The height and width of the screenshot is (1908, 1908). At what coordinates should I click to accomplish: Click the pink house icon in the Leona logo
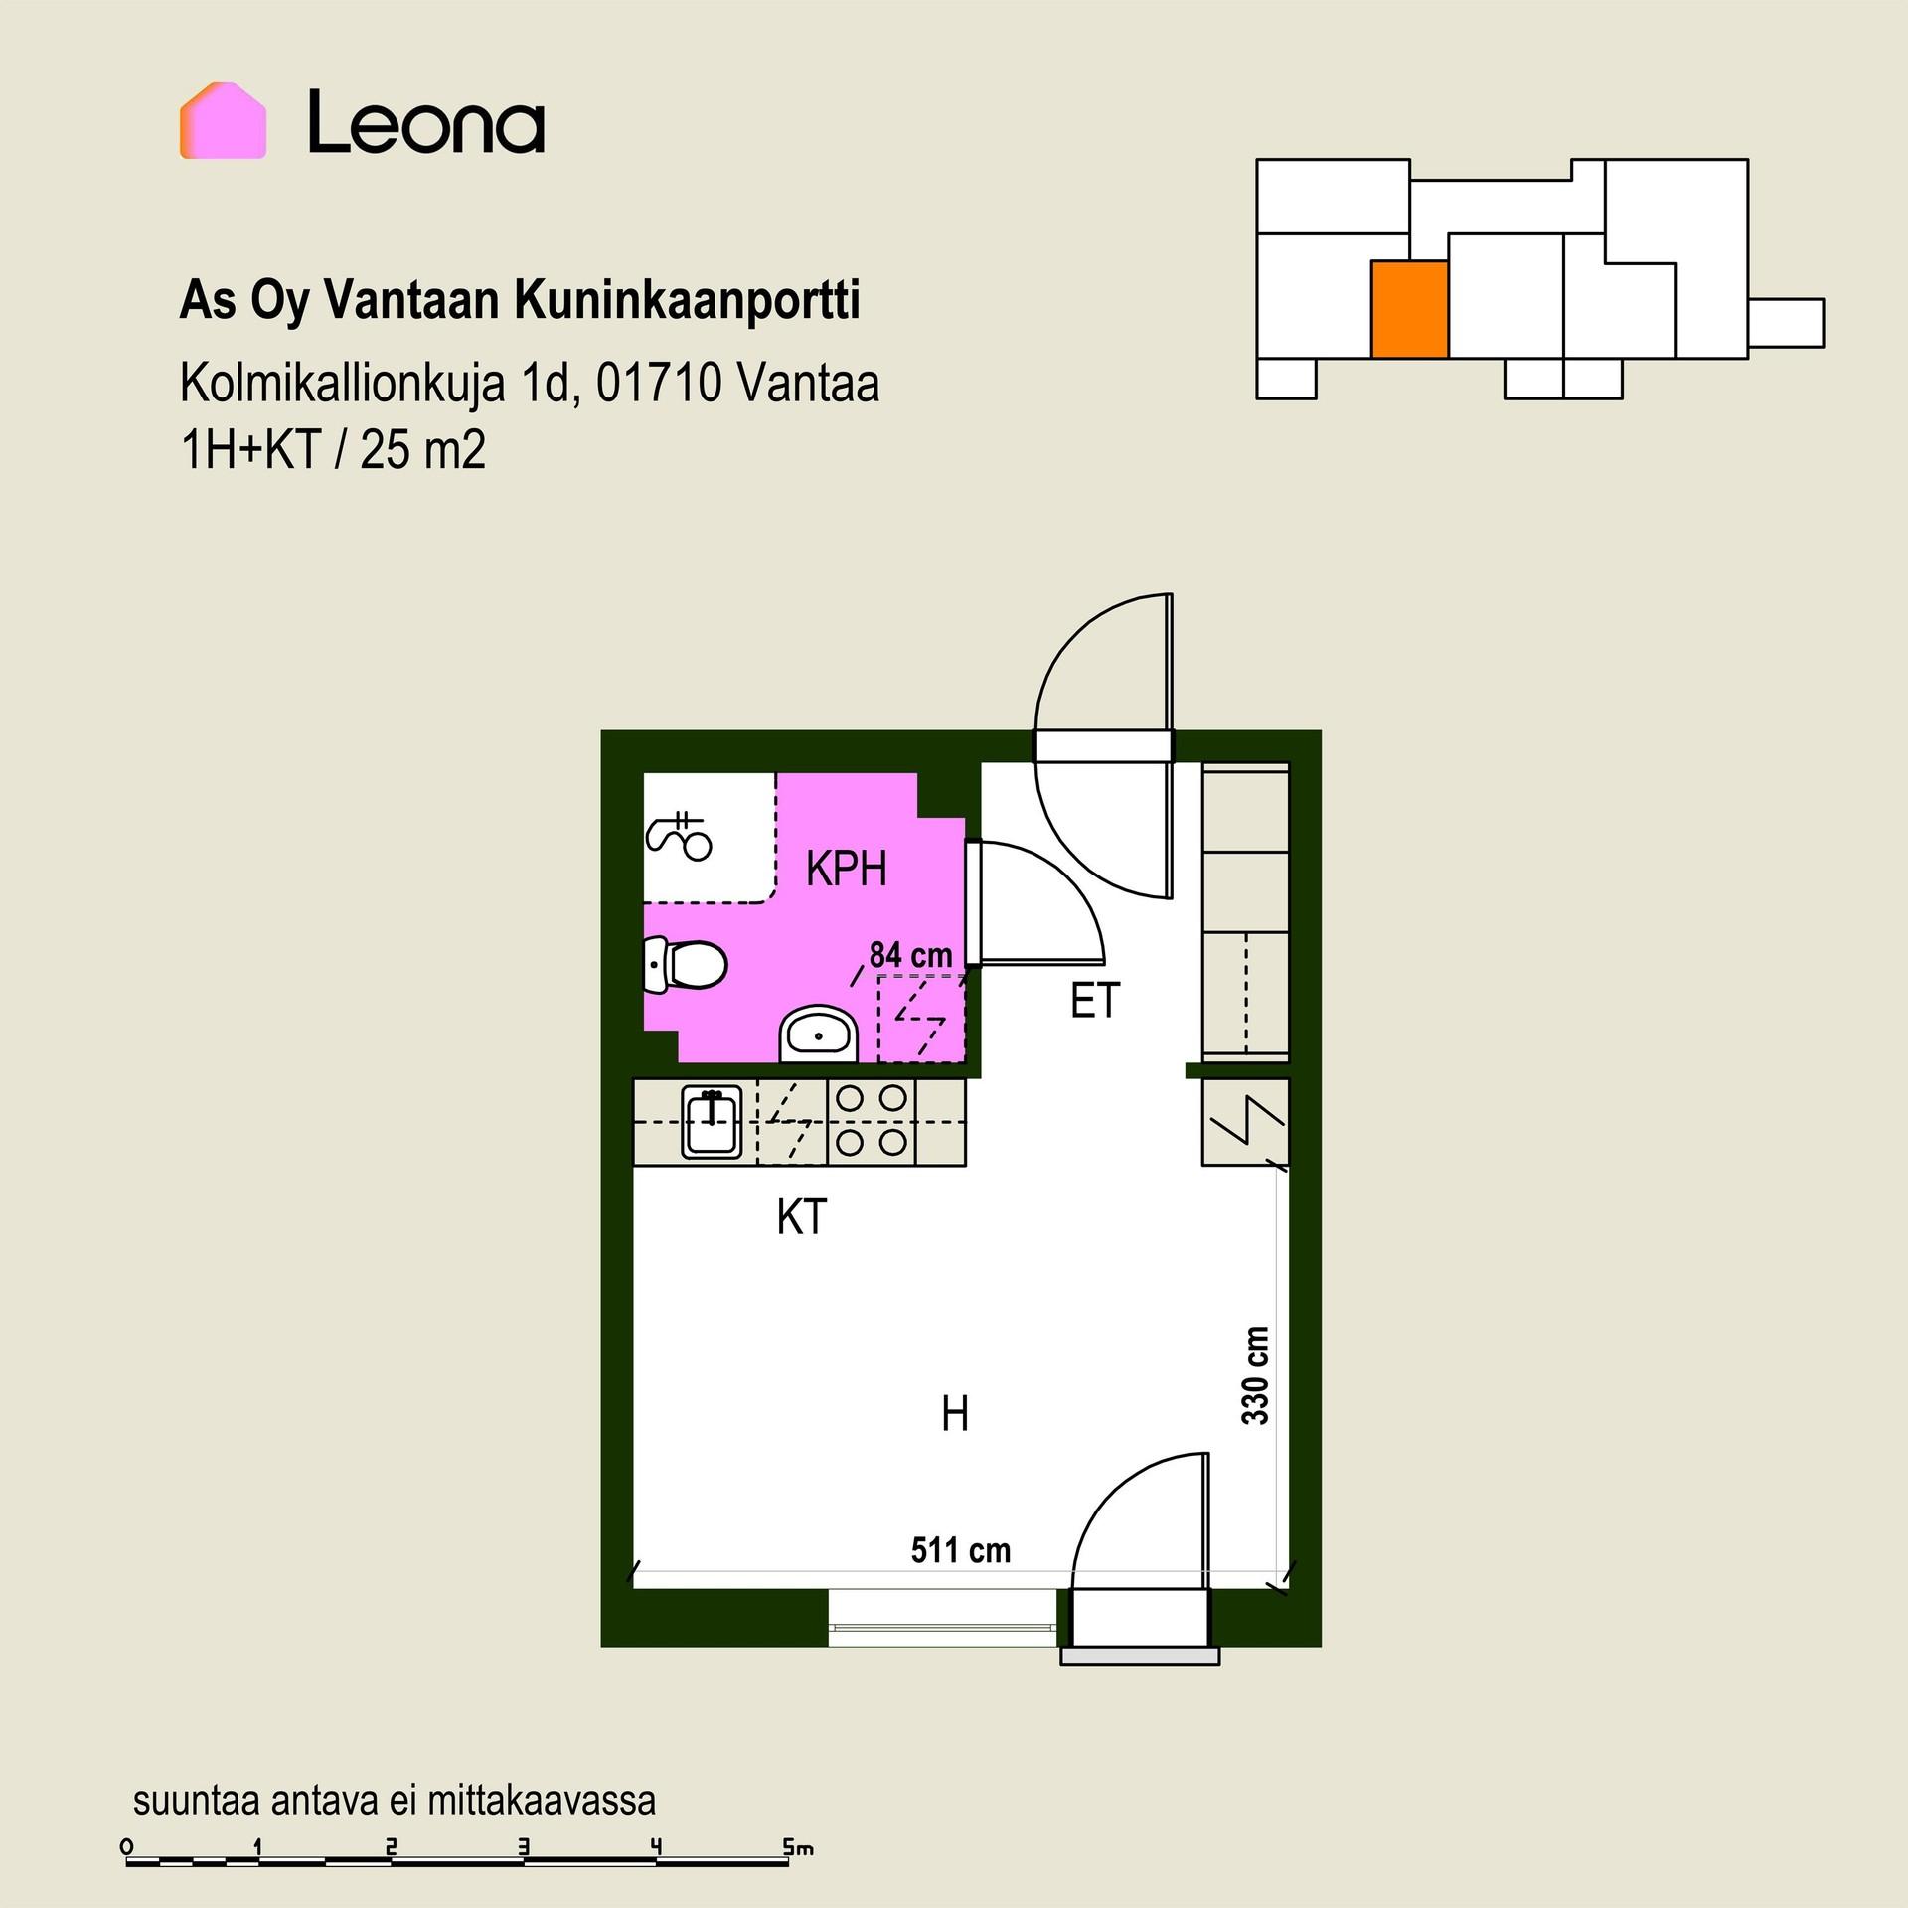(x=223, y=120)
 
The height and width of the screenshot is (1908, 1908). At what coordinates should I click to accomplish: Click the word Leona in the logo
(x=426, y=122)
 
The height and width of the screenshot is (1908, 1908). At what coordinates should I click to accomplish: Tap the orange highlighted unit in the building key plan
(x=1409, y=309)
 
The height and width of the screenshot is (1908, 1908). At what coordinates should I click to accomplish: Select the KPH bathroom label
(x=846, y=870)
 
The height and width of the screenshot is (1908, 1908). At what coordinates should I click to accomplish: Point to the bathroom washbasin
(x=818, y=1033)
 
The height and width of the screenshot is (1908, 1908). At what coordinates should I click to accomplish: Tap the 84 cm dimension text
(x=910, y=956)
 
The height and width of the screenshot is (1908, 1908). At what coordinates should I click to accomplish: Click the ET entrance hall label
(x=1095, y=1001)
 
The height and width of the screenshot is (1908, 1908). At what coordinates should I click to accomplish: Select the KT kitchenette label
(x=801, y=1217)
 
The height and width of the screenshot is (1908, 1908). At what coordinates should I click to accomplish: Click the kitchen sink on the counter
(x=712, y=1122)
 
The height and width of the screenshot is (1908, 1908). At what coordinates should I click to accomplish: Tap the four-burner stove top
(x=872, y=1121)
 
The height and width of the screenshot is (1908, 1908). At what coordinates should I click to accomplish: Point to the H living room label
(x=955, y=1414)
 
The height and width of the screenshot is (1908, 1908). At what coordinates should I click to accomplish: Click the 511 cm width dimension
(x=960, y=1550)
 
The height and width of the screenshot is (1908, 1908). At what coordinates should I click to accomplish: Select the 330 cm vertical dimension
(x=1256, y=1375)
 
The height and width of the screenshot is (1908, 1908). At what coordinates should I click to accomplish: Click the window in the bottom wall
(x=943, y=1626)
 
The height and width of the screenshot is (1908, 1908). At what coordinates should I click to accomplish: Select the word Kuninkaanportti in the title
(x=687, y=301)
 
